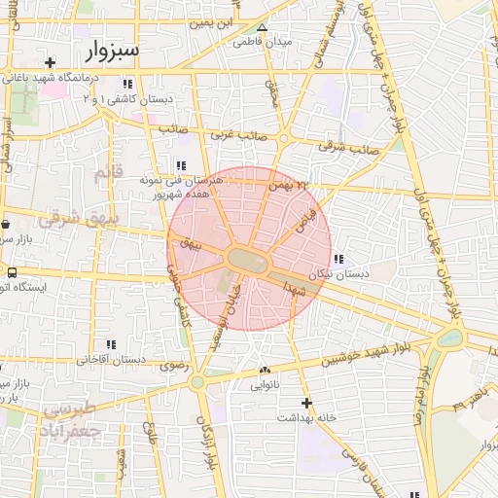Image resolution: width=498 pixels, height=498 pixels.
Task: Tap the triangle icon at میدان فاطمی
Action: point(262,27)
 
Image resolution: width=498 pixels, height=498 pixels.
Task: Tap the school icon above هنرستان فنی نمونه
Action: point(181,164)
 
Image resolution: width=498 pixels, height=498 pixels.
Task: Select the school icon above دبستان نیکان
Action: point(338,259)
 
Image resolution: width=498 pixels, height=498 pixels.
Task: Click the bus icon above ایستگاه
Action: point(13,272)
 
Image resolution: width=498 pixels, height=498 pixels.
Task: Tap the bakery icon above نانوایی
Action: point(265,371)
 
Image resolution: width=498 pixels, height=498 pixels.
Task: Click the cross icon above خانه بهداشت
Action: point(306,403)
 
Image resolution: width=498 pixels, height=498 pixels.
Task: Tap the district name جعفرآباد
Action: point(71,428)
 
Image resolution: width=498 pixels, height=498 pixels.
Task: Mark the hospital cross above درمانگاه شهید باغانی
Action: point(51,62)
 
